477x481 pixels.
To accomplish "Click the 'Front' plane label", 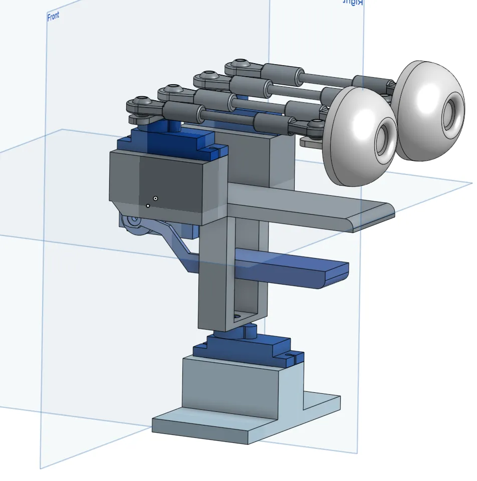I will [53, 17].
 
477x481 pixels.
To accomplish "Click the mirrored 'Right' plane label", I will [352, 3].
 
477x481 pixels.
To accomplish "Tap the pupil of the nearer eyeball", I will [384, 136].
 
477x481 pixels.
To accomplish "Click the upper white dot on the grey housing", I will [156, 198].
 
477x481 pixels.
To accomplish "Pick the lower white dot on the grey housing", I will [148, 205].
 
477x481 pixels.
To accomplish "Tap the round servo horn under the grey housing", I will [133, 222].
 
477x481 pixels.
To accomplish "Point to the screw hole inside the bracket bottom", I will [237, 317].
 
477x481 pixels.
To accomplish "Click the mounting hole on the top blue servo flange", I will [218, 149].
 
